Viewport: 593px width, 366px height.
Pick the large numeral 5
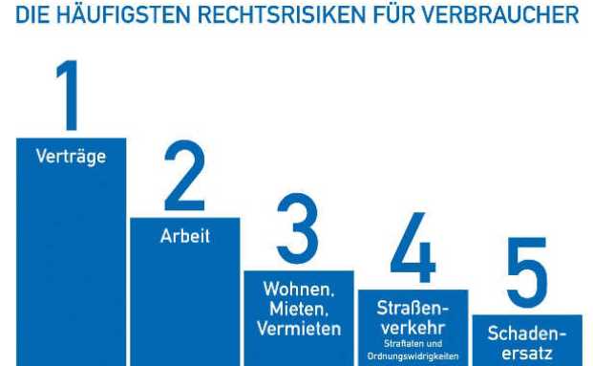point(526,273)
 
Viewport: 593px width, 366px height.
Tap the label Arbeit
point(184,235)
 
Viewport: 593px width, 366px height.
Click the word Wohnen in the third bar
point(298,290)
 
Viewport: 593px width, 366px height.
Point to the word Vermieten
point(298,329)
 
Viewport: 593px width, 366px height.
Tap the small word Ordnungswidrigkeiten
point(413,356)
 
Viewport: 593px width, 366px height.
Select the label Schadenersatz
point(527,342)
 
